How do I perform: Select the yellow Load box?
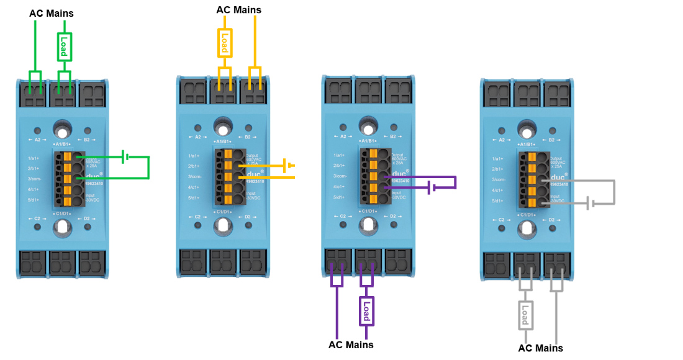click(224, 43)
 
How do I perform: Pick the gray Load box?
click(525, 314)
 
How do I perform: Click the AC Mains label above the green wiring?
click(52, 13)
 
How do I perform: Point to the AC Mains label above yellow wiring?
click(238, 10)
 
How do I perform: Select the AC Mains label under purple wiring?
click(351, 344)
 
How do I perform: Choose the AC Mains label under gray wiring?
click(540, 348)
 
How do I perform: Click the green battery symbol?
click(126, 157)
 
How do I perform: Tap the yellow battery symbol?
click(287, 166)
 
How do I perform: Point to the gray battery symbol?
click(590, 202)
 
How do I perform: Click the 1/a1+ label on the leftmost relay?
click(33, 158)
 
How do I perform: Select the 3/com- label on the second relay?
click(195, 177)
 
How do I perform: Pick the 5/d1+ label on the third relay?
click(338, 197)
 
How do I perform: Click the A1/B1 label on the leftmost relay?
click(61, 143)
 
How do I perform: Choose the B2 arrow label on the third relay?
click(389, 137)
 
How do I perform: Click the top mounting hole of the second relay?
click(222, 127)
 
